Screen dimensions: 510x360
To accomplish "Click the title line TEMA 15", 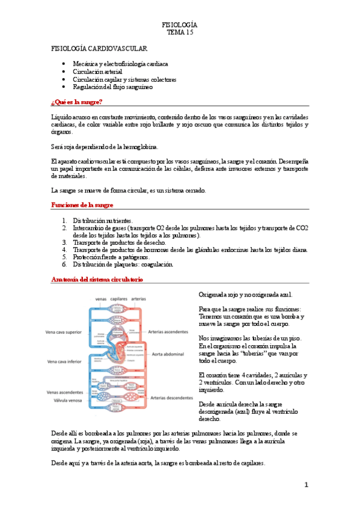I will [180, 32].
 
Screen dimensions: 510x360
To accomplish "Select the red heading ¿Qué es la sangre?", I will [77, 102].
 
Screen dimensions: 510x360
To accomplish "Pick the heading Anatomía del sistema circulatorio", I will [97, 280].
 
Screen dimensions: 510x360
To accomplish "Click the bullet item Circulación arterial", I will [97, 71].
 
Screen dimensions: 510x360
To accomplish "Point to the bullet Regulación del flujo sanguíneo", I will [113, 87].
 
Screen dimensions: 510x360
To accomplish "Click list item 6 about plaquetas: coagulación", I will [123, 264].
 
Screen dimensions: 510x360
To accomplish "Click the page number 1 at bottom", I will [306, 485].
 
